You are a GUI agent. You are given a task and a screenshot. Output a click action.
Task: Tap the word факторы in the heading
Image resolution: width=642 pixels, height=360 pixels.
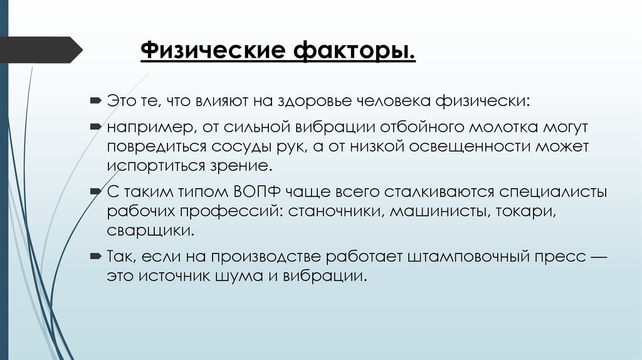coord(351,50)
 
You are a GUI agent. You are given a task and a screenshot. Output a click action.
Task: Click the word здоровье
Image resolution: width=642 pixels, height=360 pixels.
coord(317,100)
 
